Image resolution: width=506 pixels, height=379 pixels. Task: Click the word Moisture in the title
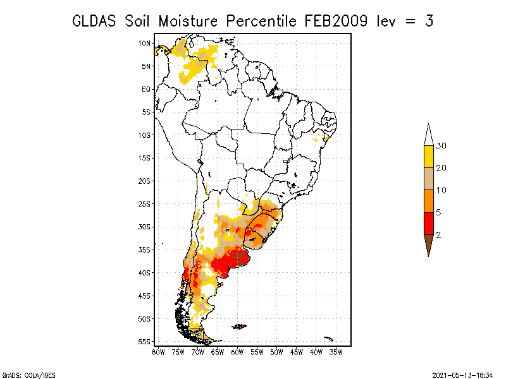[x=188, y=21]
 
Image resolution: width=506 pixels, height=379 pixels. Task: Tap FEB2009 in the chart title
[x=336, y=21]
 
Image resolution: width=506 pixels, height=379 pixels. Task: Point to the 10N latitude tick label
[x=144, y=44]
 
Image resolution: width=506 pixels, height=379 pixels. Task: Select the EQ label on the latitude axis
[x=146, y=89]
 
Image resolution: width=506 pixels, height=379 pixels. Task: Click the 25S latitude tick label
[x=144, y=204]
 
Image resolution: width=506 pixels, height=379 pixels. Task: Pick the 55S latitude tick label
[x=144, y=342]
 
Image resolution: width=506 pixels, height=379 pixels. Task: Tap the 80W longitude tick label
[x=158, y=352]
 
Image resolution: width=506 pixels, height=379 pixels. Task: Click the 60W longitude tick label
[x=237, y=352]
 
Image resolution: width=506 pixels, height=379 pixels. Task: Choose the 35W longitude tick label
[x=336, y=352]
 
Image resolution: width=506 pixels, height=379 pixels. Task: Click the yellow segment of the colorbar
[x=429, y=157]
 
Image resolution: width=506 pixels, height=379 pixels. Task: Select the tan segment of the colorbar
[x=429, y=179]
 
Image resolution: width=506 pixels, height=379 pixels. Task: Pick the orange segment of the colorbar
[x=429, y=201]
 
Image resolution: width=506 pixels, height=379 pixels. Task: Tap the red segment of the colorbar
[x=429, y=224]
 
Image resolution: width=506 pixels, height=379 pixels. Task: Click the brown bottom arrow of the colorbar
[x=429, y=243]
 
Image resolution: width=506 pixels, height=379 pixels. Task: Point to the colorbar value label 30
[x=441, y=146]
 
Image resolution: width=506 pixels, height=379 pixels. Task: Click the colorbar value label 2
[x=438, y=235]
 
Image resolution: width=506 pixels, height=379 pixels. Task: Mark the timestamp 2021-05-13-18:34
[x=462, y=375]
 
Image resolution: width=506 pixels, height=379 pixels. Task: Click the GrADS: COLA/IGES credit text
[x=29, y=375]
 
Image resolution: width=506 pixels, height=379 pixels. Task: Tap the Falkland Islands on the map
[x=239, y=327]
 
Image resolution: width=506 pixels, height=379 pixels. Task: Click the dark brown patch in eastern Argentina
[x=241, y=258]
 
